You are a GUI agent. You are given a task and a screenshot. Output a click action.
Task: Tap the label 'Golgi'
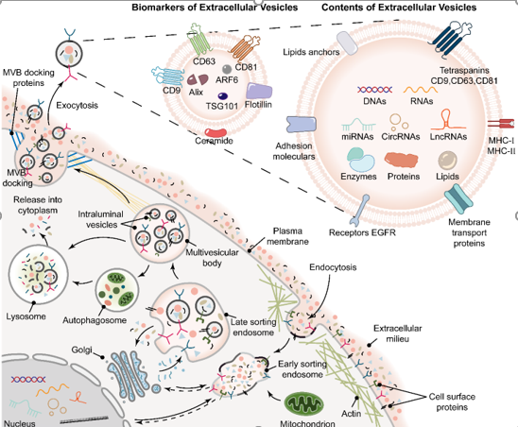pyautogui.click(x=81, y=350)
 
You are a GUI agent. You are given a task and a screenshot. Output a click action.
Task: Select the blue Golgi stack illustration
pyautogui.click(x=129, y=372)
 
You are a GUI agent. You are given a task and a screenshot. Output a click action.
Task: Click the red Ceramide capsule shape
pyautogui.click(x=216, y=133)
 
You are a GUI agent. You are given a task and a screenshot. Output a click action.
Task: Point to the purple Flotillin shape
pyautogui.click(x=259, y=91)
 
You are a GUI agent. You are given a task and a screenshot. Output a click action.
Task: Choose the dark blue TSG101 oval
pyautogui.click(x=223, y=96)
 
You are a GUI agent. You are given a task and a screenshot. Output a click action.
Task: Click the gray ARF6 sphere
pyautogui.click(x=227, y=69)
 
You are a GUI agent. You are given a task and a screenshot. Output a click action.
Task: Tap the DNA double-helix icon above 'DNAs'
pyautogui.click(x=374, y=90)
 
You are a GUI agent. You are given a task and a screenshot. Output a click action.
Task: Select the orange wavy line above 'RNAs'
pyautogui.click(x=421, y=90)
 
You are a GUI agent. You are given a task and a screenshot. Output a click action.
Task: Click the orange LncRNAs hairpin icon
pyautogui.click(x=448, y=120)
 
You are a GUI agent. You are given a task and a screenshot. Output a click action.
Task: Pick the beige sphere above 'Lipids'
pyautogui.click(x=448, y=161)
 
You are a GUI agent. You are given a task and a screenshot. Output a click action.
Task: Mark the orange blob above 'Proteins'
pyautogui.click(x=402, y=160)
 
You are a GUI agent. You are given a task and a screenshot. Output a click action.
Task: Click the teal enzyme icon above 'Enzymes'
pyautogui.click(x=360, y=159)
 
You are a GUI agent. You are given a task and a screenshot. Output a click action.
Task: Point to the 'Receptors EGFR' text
pyautogui.click(x=362, y=232)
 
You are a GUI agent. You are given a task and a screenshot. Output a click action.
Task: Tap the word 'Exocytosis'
pyautogui.click(x=77, y=106)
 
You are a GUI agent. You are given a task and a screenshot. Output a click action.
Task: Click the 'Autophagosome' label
pyautogui.click(x=95, y=320)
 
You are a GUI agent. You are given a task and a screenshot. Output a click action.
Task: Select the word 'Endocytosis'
pyautogui.click(x=333, y=267)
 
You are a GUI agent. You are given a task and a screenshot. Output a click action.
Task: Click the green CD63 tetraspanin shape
pyautogui.click(x=199, y=40)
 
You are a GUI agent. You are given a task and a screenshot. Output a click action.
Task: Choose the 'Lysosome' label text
pyautogui.click(x=26, y=316)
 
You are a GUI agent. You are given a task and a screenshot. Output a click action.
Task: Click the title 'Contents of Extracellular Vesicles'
pyautogui.click(x=399, y=8)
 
